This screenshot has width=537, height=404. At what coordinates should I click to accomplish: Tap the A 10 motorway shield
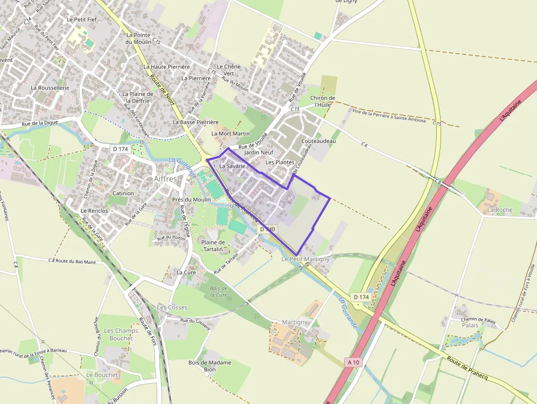[353, 362]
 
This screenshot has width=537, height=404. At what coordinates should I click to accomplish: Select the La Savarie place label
[232, 166]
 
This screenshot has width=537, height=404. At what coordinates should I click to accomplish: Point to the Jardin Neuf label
[259, 152]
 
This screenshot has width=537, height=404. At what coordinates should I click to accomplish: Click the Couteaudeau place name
[318, 141]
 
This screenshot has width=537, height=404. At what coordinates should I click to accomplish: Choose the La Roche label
[500, 209]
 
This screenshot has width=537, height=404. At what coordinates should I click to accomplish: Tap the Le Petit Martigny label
[306, 259]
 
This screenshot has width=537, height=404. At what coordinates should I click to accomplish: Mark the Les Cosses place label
[172, 308]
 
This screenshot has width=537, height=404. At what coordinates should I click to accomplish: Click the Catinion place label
[123, 194]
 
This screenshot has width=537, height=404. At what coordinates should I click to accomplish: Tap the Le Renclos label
[94, 210]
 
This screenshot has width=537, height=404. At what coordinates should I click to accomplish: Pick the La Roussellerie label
[50, 88]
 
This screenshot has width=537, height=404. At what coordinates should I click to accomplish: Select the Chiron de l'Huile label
[323, 101]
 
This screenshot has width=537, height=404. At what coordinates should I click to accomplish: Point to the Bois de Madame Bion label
[210, 366]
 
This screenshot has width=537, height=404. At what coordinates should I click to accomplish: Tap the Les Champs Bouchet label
[121, 334]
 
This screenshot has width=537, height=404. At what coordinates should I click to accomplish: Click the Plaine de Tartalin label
[213, 246]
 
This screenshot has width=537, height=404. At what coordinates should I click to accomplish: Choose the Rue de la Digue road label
[41, 124]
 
